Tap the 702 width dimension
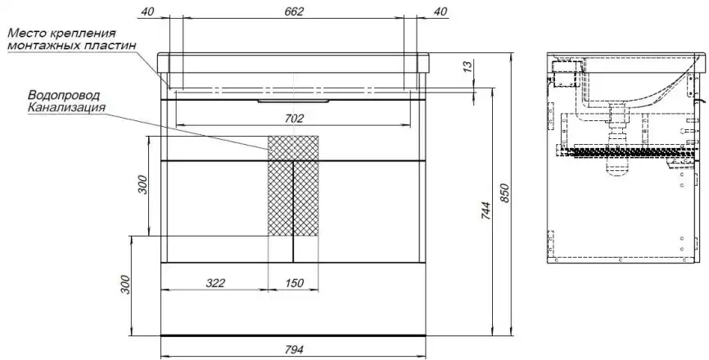293,118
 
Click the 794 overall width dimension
293,350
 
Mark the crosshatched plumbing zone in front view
293,185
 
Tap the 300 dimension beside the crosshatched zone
141,185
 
